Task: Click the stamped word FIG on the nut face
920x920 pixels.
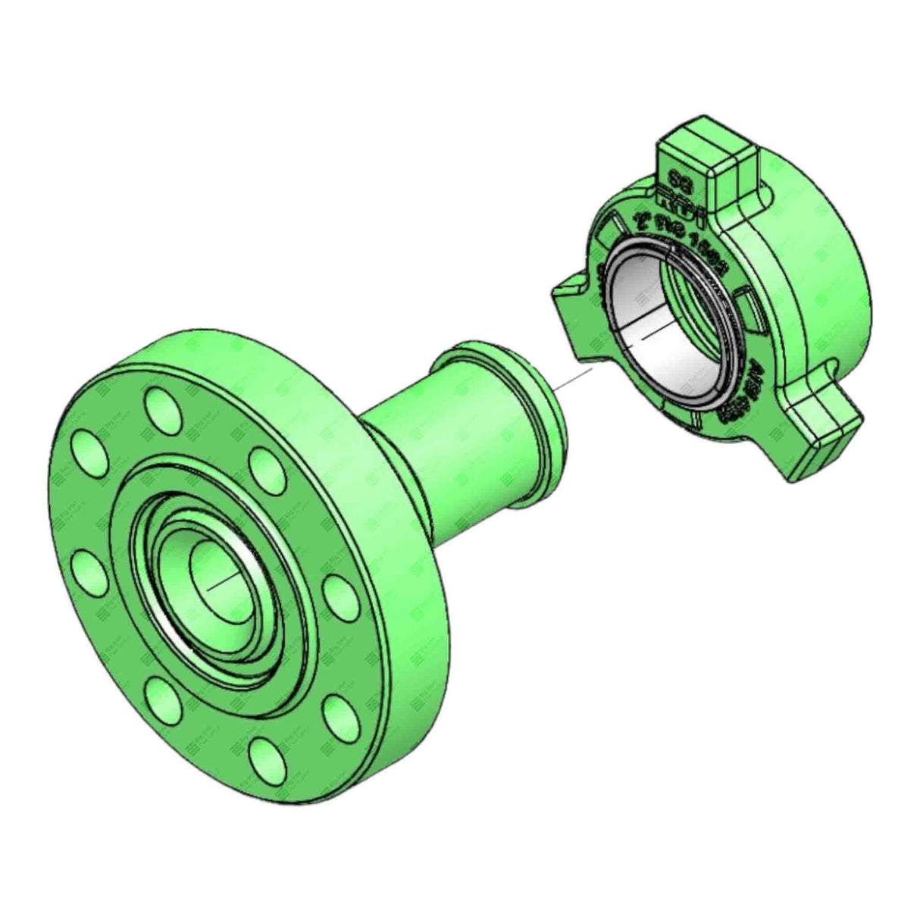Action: pos(667,231)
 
